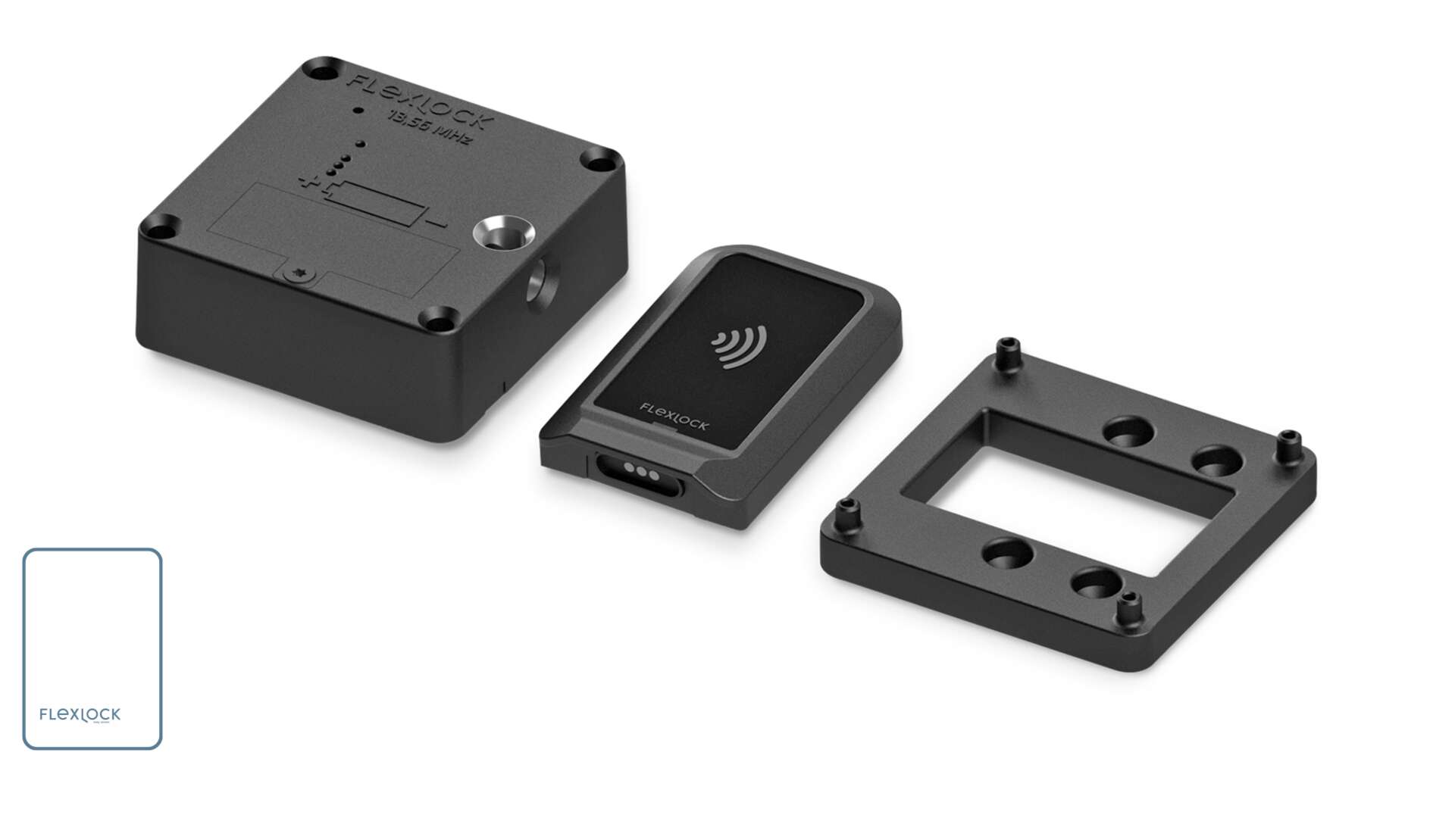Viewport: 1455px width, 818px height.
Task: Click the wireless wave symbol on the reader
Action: pos(739,348)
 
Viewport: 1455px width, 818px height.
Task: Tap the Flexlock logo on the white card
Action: pos(80,714)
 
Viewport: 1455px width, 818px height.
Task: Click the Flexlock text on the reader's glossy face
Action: pos(674,417)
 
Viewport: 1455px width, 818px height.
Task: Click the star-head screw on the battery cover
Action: pos(301,273)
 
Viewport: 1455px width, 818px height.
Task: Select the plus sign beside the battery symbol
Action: pos(309,184)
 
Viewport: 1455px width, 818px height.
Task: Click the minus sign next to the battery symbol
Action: pos(437,224)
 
